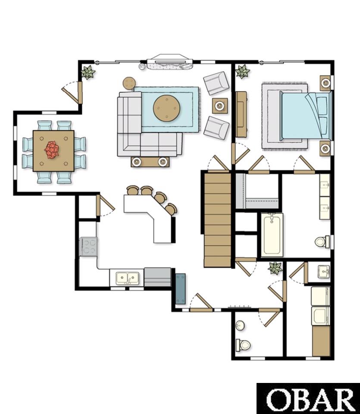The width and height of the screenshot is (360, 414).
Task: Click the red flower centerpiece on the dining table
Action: pyautogui.click(x=52, y=150)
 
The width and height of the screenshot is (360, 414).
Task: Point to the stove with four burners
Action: pyautogui.click(x=88, y=246)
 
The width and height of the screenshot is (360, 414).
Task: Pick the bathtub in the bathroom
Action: pyautogui.click(x=272, y=235)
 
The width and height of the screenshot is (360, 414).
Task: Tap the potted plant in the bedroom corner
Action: pyautogui.click(x=242, y=71)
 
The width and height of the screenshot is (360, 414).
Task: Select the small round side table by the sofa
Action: pyautogui.click(x=129, y=83)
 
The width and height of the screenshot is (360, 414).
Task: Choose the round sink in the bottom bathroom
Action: pyautogui.click(x=240, y=325)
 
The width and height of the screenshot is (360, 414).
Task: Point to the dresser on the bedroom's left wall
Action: pyautogui.click(x=241, y=114)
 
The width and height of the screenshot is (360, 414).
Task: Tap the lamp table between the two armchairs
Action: pyautogui.click(x=220, y=106)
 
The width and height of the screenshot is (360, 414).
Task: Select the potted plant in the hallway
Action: pyautogui.click(x=275, y=268)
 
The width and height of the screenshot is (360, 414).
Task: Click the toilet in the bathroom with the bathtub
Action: pyautogui.click(x=322, y=241)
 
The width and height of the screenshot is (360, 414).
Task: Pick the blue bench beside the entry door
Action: pyautogui.click(x=181, y=289)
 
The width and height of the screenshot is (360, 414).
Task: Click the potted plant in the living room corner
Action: pyautogui.click(x=88, y=72)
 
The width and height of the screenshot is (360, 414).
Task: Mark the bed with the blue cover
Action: pyautogui.click(x=305, y=116)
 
